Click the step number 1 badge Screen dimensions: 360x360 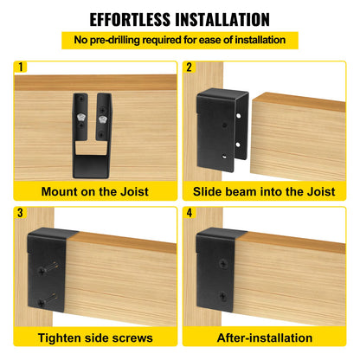(21, 66)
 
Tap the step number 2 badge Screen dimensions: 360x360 (190, 66)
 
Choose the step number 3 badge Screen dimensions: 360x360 (21, 211)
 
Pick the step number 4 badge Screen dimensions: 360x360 (190, 211)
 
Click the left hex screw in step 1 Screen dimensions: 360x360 (78, 112)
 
